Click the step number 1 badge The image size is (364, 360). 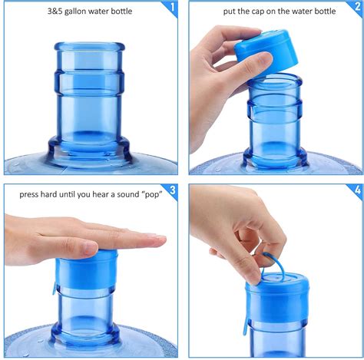[172, 9]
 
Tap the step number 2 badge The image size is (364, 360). [355, 9]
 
